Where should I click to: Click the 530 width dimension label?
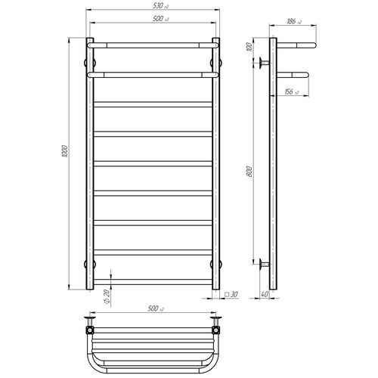pyautogui.click(x=160, y=5)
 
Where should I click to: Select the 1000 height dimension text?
pyautogui.click(x=65, y=151)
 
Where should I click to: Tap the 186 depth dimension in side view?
pyautogui.click(x=294, y=21)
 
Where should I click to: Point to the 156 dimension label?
pyautogui.click(x=292, y=91)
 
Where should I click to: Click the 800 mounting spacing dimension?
pyautogui.click(x=249, y=172)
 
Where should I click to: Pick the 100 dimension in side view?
pyautogui.click(x=249, y=47)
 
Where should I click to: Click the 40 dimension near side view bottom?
pyautogui.click(x=264, y=294)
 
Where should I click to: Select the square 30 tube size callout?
pyautogui.click(x=231, y=294)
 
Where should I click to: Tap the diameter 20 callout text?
pyautogui.click(x=107, y=297)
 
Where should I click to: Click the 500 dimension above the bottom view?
pyautogui.click(x=156, y=308)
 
